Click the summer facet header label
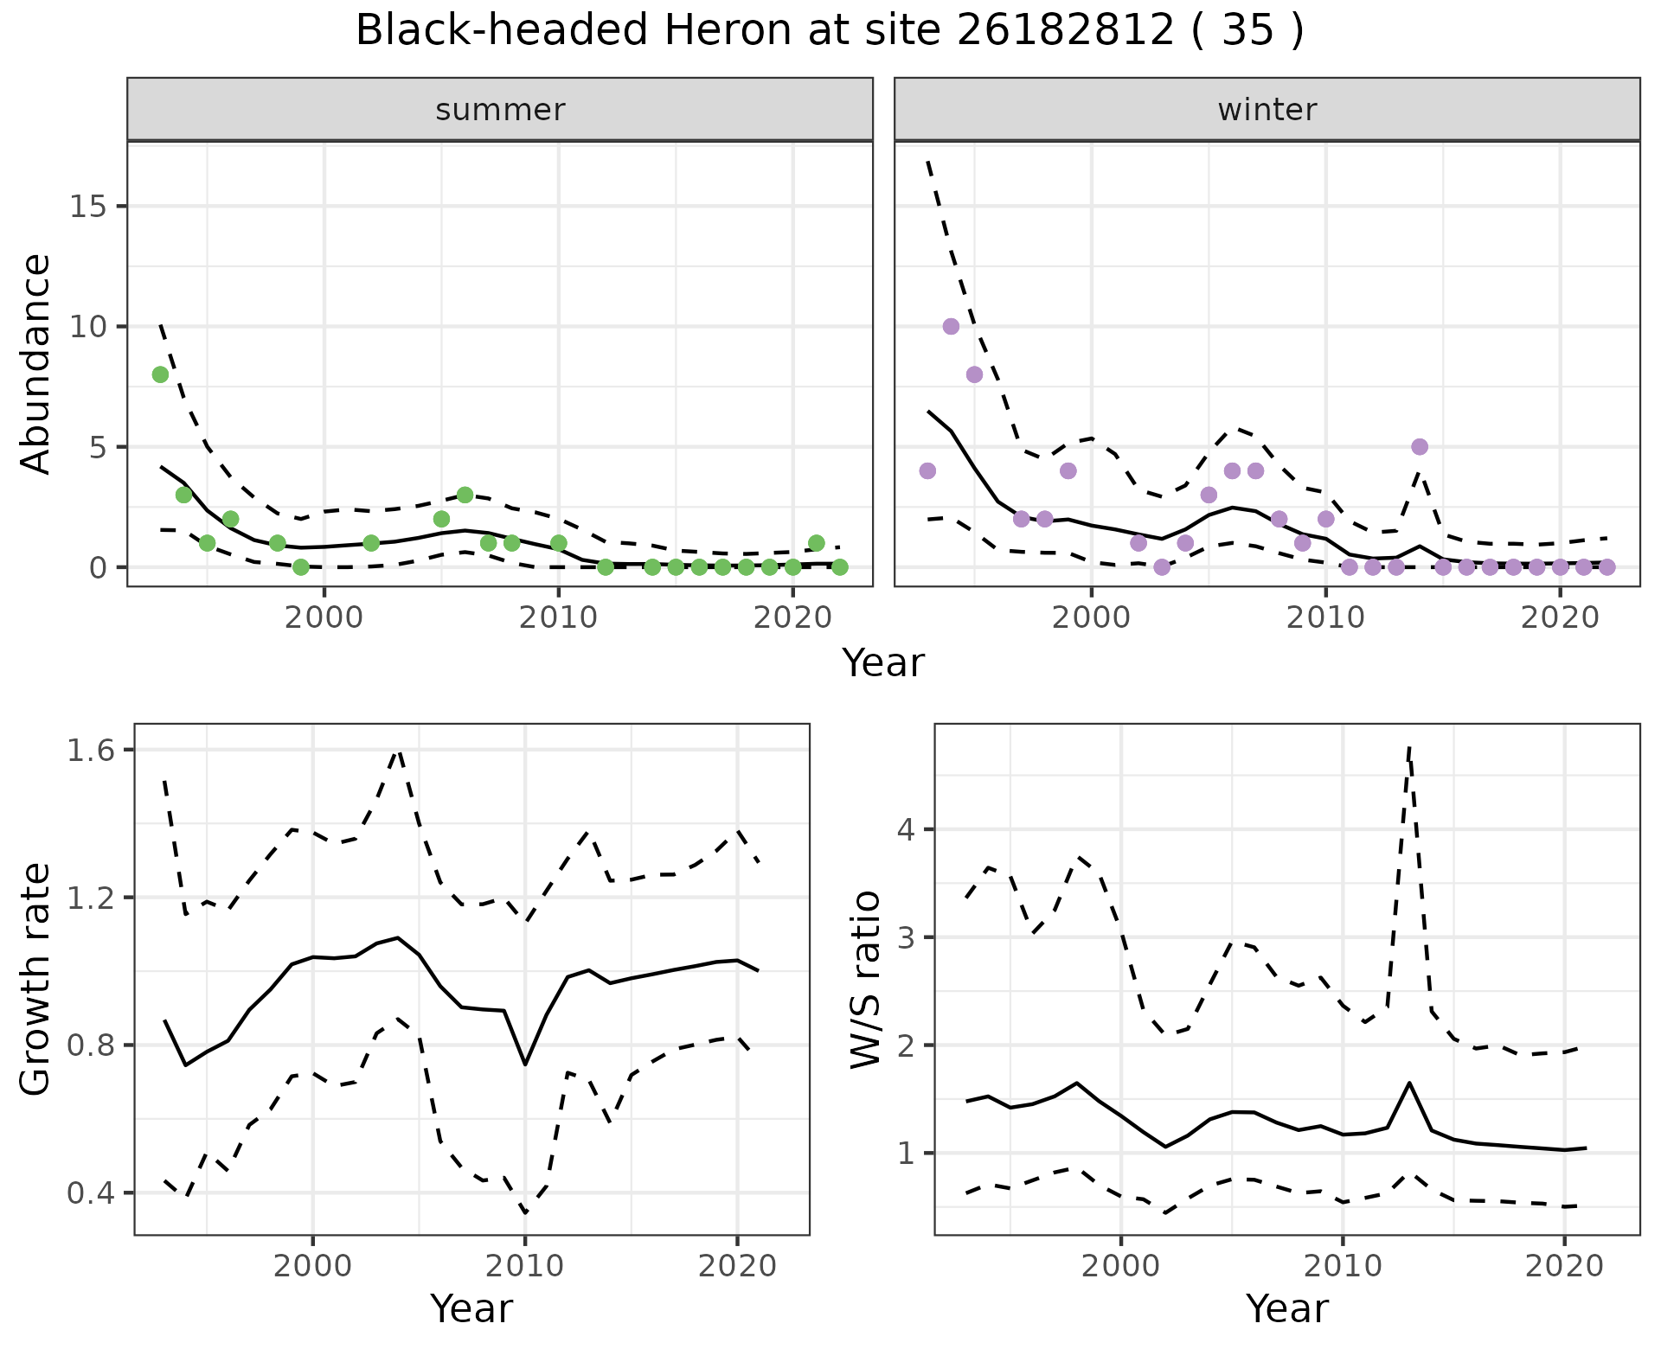(x=500, y=110)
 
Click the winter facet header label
(x=1267, y=110)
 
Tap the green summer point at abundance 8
(x=160, y=374)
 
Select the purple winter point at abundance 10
(x=951, y=327)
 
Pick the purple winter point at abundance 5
(x=1420, y=447)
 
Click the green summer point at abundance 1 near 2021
(x=816, y=543)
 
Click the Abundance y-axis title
(x=36, y=363)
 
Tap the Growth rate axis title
(x=36, y=980)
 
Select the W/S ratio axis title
(x=866, y=980)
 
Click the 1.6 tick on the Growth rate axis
(x=90, y=751)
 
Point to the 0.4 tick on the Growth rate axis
(x=90, y=1194)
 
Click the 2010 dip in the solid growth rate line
(x=525, y=1064)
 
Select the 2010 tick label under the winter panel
(x=1325, y=618)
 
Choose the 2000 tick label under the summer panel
(x=324, y=618)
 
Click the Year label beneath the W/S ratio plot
(x=1287, y=1309)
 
